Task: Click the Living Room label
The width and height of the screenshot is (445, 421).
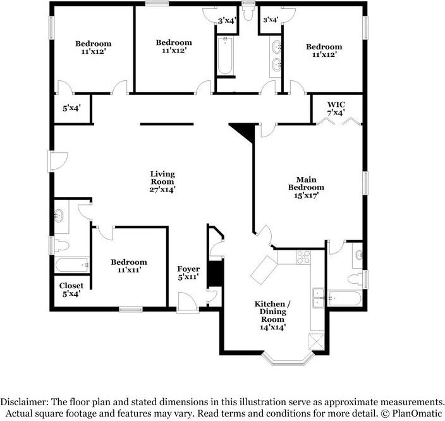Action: (x=162, y=181)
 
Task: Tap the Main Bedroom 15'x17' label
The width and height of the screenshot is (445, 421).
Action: (x=306, y=187)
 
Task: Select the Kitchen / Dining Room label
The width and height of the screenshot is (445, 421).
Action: (x=272, y=315)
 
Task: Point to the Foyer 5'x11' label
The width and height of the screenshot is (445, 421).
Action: (x=188, y=272)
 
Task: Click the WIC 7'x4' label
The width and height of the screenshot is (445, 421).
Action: (x=336, y=109)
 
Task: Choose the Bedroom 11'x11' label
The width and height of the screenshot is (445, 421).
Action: (x=129, y=265)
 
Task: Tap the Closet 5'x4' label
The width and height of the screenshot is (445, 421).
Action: (x=71, y=290)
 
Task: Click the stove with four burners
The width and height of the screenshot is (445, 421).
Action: (x=303, y=257)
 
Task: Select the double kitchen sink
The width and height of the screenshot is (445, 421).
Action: (x=319, y=298)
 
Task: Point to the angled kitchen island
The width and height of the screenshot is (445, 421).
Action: (x=264, y=270)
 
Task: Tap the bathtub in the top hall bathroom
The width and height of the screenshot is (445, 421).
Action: (x=226, y=56)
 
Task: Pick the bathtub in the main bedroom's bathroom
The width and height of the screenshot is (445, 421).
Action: (x=345, y=298)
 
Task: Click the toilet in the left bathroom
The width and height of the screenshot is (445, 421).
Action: (x=61, y=246)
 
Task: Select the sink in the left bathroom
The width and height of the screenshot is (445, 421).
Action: (x=59, y=215)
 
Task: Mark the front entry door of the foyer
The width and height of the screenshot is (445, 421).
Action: (x=188, y=302)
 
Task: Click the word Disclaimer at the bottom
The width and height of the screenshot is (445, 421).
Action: (x=24, y=402)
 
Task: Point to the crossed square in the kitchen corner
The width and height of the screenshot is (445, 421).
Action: (x=317, y=341)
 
